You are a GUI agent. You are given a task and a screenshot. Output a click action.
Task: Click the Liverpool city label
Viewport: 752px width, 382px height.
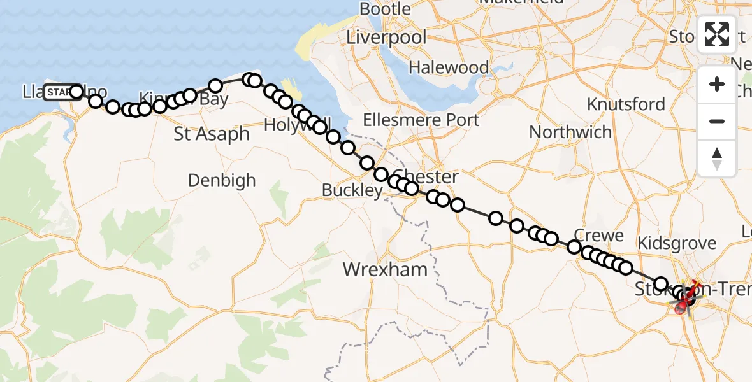click(386, 37)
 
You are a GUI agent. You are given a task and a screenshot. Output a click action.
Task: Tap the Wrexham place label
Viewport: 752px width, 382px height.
click(385, 269)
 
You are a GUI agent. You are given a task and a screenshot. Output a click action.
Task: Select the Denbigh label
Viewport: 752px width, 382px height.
click(222, 180)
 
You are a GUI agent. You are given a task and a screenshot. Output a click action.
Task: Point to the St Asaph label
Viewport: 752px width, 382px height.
click(212, 134)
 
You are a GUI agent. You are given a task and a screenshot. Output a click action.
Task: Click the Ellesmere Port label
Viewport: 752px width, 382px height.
click(421, 120)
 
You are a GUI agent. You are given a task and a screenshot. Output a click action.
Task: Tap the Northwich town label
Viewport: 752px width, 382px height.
click(570, 132)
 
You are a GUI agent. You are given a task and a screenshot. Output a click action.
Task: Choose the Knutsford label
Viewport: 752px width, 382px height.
click(626, 104)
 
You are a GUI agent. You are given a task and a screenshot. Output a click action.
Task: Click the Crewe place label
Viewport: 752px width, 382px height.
click(598, 236)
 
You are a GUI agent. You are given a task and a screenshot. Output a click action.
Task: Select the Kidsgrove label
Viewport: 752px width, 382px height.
click(677, 243)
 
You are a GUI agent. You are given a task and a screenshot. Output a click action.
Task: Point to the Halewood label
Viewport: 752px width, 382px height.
click(449, 67)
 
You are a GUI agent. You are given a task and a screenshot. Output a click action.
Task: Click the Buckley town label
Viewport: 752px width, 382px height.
click(352, 190)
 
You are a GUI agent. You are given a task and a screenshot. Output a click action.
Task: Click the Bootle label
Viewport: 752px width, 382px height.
click(385, 9)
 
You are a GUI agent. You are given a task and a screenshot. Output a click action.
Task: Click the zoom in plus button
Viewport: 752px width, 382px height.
click(717, 85)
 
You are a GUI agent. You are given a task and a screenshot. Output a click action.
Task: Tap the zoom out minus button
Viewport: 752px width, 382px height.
click(717, 122)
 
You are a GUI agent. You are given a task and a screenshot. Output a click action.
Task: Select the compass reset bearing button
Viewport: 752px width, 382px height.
click(717, 159)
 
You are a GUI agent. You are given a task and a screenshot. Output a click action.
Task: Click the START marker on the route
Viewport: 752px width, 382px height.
click(62, 92)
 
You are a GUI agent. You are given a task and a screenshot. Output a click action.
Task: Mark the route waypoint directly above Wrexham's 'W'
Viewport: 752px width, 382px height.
click(367, 163)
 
